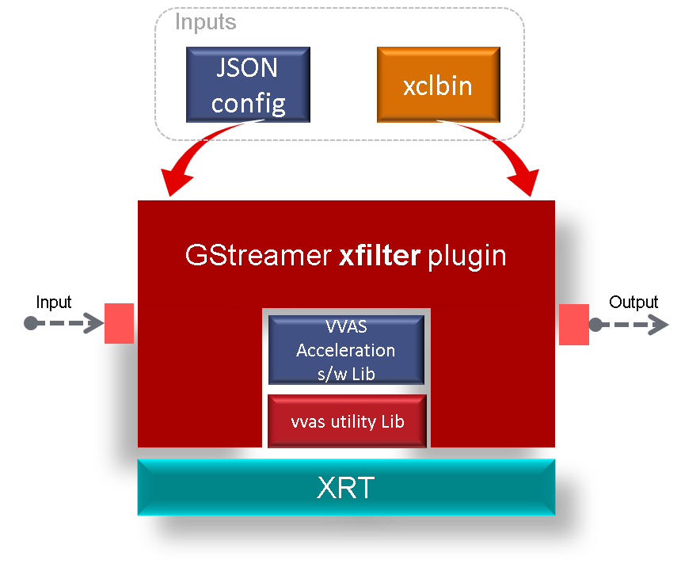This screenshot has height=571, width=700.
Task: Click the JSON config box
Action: coord(247,85)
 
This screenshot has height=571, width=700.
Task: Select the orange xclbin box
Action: coord(438,85)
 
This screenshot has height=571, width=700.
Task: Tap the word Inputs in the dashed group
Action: coord(205,22)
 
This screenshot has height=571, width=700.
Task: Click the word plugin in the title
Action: coord(466,256)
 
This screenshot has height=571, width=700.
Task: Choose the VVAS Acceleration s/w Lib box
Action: coord(345,350)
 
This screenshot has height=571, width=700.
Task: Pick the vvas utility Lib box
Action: coord(347,421)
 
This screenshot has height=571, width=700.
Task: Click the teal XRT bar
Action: coord(346,488)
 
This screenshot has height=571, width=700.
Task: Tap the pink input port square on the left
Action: coord(119,324)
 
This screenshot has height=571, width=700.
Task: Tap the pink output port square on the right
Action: coord(573,324)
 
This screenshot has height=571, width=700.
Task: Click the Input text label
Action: coord(54,303)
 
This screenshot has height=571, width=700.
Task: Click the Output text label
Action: coord(633,303)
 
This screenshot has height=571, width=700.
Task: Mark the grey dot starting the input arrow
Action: coord(30,324)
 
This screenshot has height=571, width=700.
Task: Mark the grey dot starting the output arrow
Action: coord(595,324)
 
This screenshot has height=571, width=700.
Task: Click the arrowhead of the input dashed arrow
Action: coord(96,324)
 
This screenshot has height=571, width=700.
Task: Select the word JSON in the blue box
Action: coord(247,69)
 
